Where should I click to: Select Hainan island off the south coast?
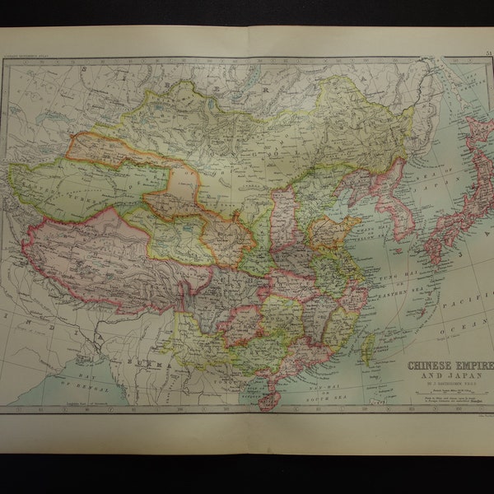269,401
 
